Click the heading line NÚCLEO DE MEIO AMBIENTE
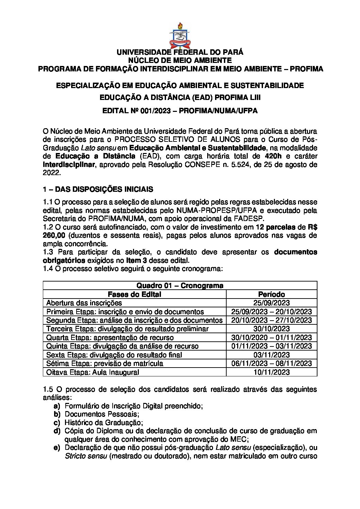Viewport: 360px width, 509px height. tap(180, 61)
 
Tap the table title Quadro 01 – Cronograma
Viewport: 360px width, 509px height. tap(180, 286)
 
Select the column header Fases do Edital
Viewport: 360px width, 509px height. tap(134, 294)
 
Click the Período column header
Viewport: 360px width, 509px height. tap(272, 294)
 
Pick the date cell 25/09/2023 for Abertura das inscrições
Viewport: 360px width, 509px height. tap(272, 303)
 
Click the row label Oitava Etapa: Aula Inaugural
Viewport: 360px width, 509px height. tap(93, 372)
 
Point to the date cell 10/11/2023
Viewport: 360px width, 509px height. tap(272, 372)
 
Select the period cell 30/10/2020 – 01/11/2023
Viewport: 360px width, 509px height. tap(272, 337)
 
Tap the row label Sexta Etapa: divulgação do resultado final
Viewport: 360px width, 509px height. tap(114, 355)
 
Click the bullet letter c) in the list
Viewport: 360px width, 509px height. tap(57, 423)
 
